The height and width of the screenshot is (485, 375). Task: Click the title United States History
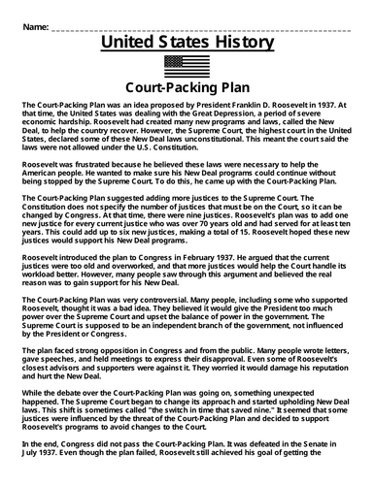[187, 42]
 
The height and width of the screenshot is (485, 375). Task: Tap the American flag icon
[187, 63]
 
